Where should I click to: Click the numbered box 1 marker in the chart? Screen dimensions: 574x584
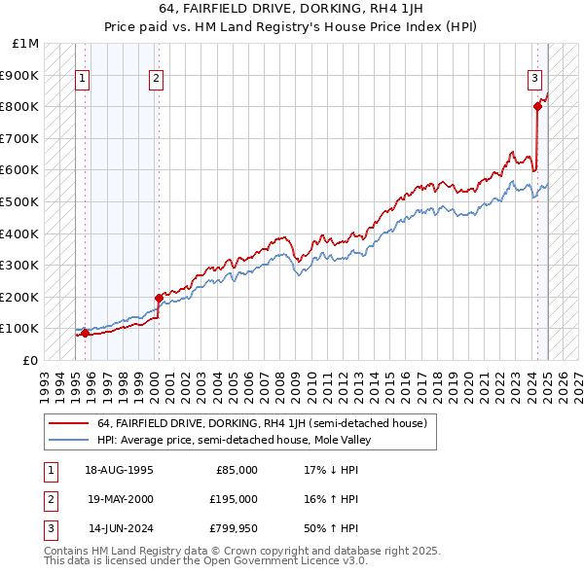[x=83, y=81]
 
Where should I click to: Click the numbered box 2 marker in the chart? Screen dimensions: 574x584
[x=157, y=81]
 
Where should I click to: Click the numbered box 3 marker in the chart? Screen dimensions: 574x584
[x=535, y=81]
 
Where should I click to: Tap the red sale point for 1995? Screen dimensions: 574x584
[x=85, y=333]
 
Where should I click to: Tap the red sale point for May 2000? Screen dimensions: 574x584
[x=159, y=298]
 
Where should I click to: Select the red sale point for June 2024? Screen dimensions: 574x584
[x=537, y=107]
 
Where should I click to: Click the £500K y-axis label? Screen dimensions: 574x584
[x=20, y=201]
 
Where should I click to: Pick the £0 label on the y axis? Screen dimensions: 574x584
[x=31, y=360]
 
